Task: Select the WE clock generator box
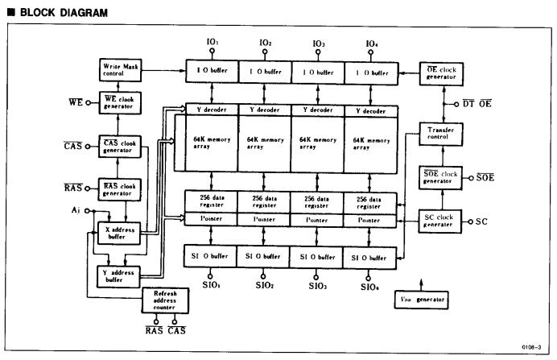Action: (119, 103)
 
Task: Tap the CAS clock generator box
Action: (119, 147)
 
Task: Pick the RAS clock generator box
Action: (119, 189)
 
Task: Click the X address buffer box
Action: (119, 234)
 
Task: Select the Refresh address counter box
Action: (164, 300)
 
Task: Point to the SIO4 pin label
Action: (370, 286)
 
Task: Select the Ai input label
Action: (75, 210)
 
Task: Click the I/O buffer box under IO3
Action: (317, 72)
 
